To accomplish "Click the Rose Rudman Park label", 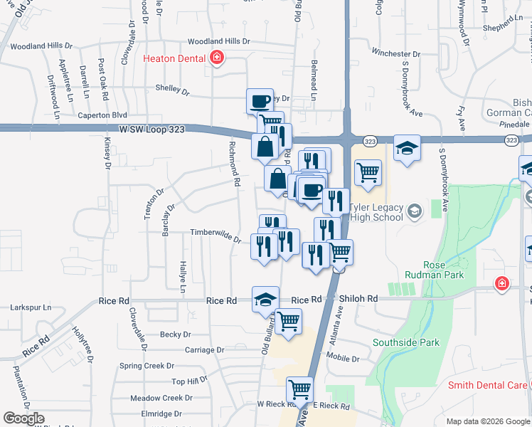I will point(444,268).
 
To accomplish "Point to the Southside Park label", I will point(406,342).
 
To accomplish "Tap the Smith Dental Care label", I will point(487,386).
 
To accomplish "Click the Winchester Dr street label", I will point(401,53).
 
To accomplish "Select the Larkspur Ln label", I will point(31,308).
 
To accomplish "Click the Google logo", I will point(23,418).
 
